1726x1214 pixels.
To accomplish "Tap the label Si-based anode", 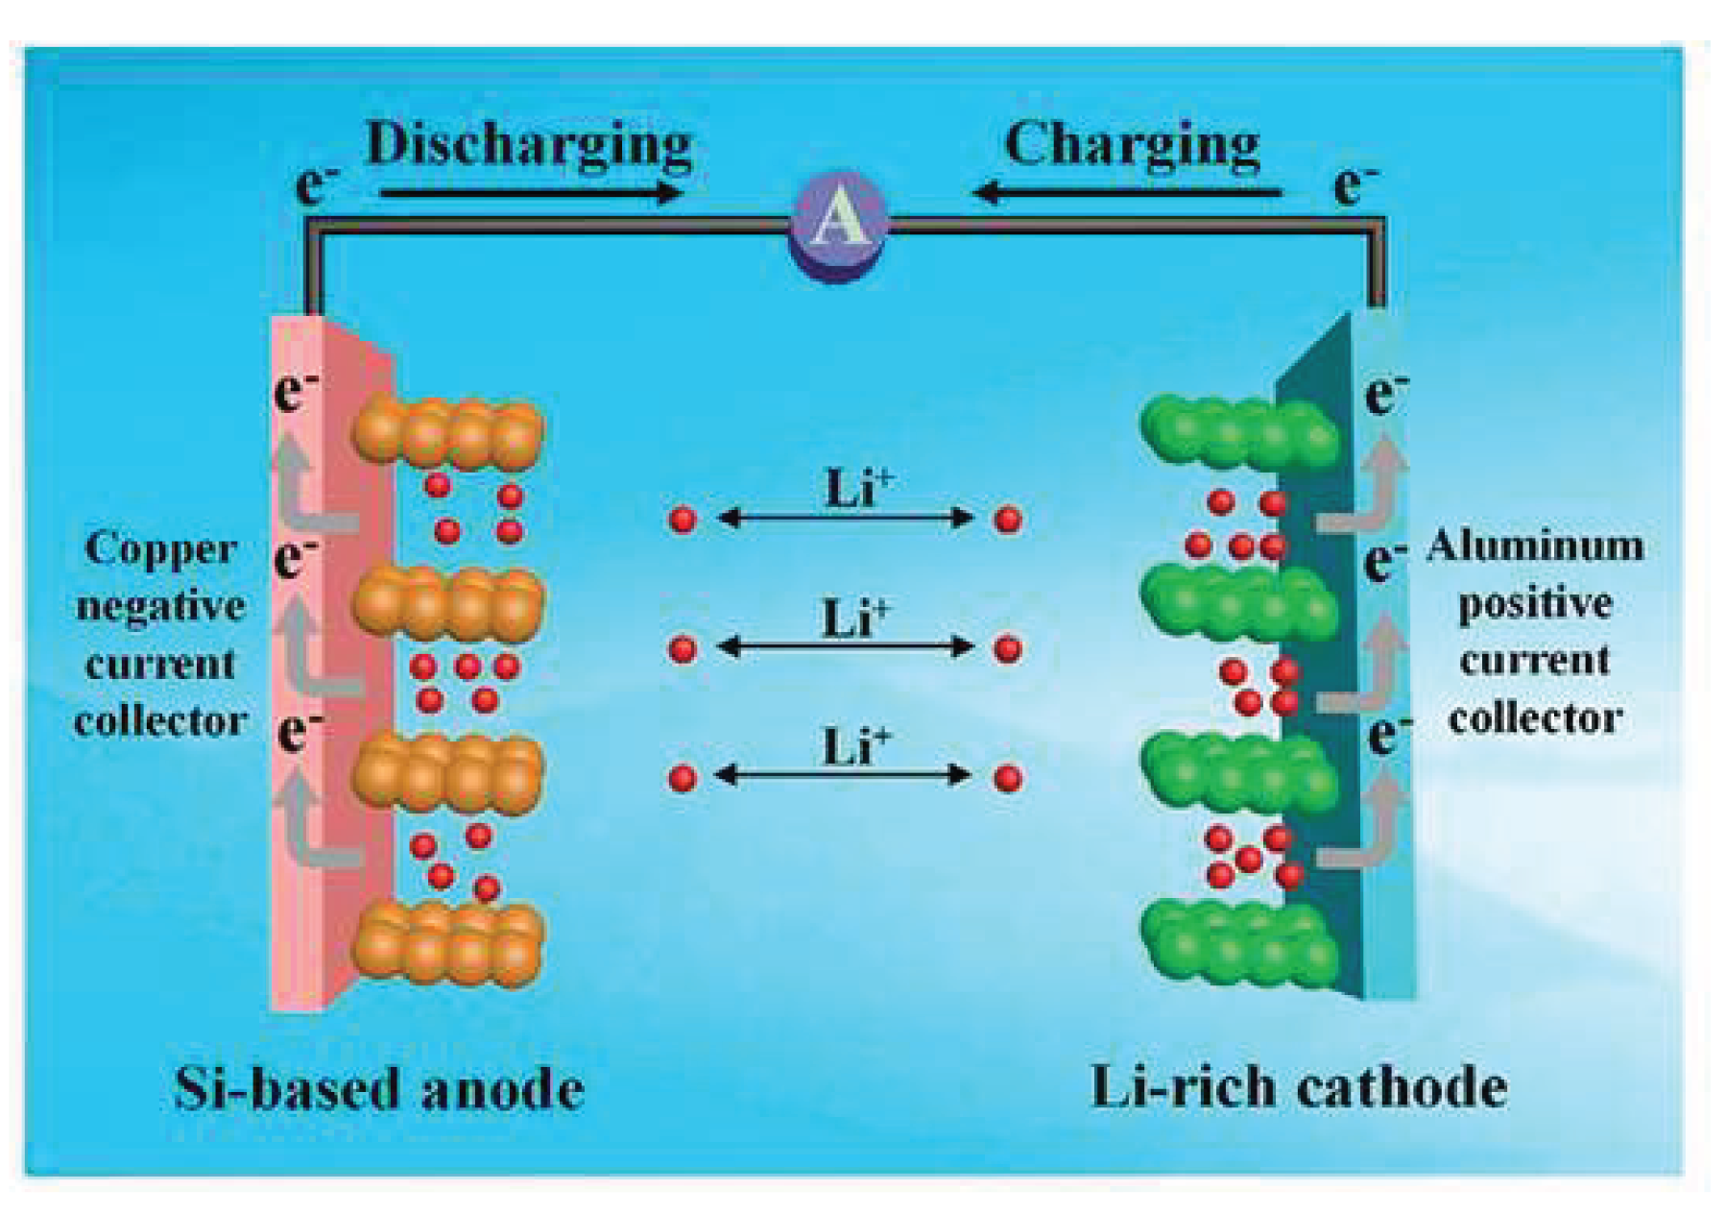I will tap(379, 1089).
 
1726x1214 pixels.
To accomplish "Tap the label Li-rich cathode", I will tap(1298, 1087).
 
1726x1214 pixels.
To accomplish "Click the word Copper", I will tap(159, 548).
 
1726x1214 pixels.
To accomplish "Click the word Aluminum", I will tap(1534, 546).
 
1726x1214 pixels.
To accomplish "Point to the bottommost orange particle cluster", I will tap(448, 944).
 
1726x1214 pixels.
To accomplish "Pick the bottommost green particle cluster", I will tap(1238, 944).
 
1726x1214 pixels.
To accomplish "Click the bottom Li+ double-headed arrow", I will tap(844, 775).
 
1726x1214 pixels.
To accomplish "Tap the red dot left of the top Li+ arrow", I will tap(683, 520).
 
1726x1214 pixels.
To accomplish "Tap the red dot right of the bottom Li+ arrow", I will tap(1007, 777).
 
